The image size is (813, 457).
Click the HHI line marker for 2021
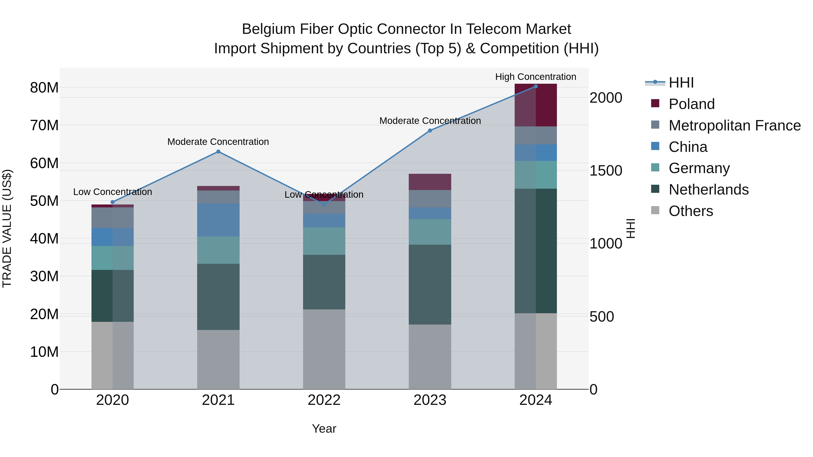(218, 152)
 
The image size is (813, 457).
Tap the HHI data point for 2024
(536, 86)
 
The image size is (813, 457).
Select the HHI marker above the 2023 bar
(430, 131)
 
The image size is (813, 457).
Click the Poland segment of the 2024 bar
(536, 105)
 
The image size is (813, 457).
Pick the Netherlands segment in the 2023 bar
(430, 285)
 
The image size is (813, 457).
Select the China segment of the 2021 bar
(218, 220)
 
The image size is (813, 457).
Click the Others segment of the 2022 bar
(324, 349)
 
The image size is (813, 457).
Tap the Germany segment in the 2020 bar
(112, 258)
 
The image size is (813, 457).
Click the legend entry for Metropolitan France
(734, 125)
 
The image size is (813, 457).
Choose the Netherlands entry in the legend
(708, 190)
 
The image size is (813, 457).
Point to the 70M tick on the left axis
(44, 125)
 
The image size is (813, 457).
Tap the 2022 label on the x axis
(324, 400)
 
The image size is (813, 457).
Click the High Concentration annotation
(536, 77)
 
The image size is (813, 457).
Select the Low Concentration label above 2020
(112, 192)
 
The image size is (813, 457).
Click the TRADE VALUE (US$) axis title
(7, 228)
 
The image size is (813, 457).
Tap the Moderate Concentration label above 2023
(430, 121)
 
